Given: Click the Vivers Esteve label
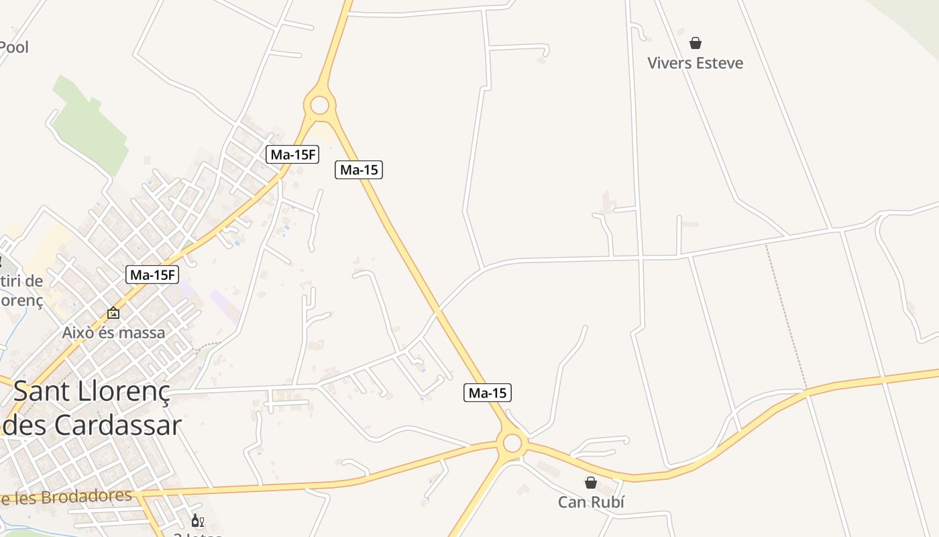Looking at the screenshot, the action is tap(695, 63).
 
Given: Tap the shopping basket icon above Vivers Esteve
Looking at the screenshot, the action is tap(696, 43).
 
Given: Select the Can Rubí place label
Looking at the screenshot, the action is tap(591, 502).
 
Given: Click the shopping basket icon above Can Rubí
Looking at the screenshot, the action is tap(591, 483).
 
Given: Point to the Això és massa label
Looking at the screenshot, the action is tap(113, 332).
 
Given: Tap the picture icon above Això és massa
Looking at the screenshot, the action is tap(113, 313).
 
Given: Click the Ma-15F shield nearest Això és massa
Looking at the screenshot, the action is tap(153, 275).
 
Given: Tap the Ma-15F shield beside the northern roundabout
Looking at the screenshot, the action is tap(292, 154).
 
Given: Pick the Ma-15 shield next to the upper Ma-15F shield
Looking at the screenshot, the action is tap(359, 170).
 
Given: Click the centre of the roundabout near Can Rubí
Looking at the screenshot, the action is tap(512, 443).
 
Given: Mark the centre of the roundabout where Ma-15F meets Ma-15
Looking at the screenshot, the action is tap(320, 105).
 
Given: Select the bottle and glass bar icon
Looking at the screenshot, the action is tap(197, 521).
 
